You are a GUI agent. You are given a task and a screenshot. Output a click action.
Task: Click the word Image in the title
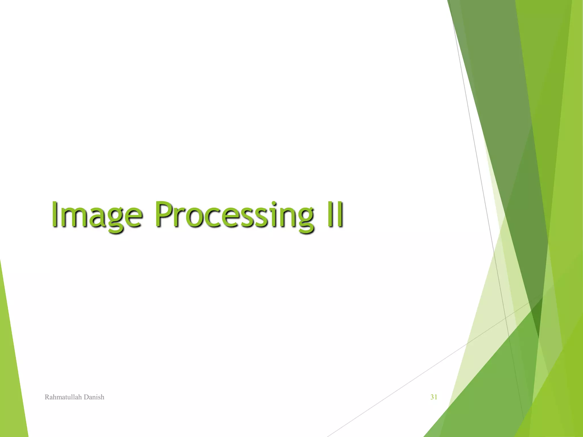96,215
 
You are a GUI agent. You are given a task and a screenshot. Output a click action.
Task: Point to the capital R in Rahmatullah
47,397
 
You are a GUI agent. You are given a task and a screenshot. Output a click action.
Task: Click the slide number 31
434,397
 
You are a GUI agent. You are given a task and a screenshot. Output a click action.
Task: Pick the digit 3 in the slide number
432,397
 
